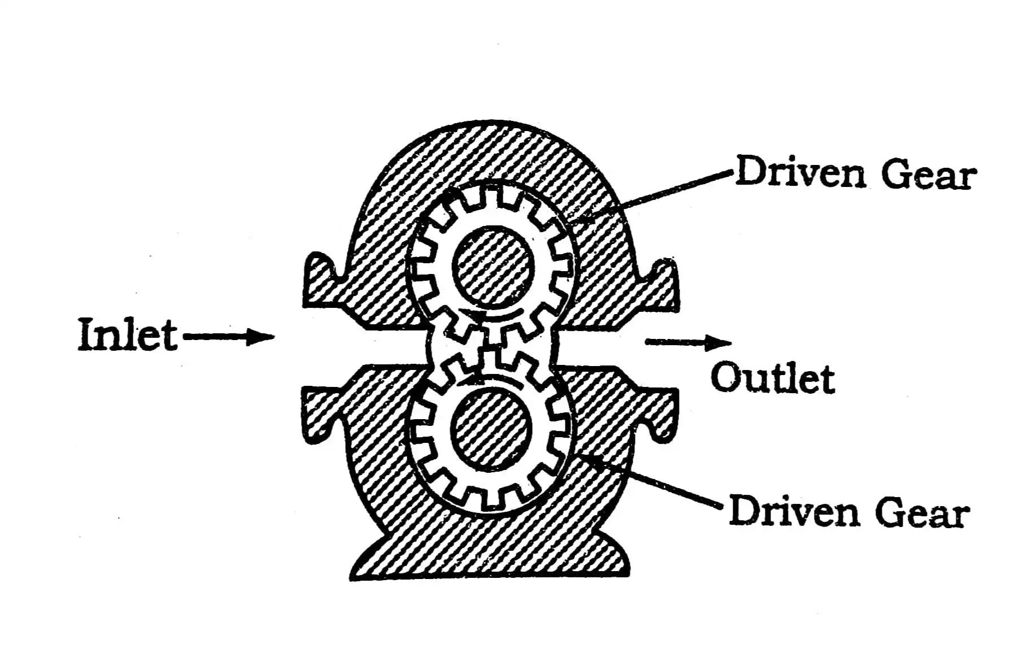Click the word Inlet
(x=128, y=334)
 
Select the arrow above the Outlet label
(x=689, y=342)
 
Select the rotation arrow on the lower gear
(x=490, y=380)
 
